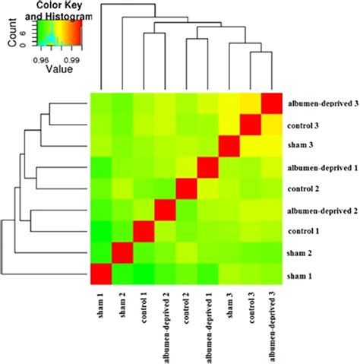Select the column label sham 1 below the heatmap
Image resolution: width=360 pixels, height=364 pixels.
(102, 309)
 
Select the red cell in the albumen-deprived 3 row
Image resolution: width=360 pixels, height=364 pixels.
(272, 103)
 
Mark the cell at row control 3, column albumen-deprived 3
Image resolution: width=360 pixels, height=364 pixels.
(272, 124)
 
